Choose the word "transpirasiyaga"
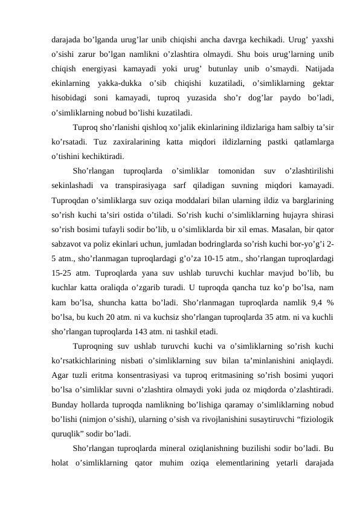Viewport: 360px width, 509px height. (x=135, y=185)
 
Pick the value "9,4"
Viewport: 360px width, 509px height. (x=312, y=302)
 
